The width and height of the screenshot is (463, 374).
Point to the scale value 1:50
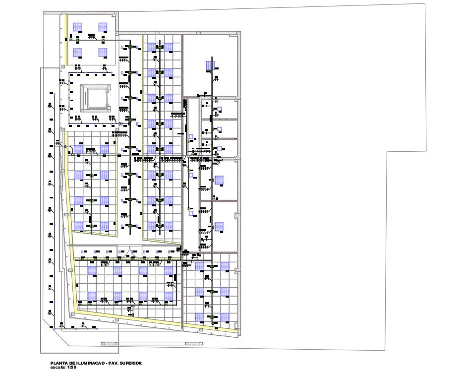point(72,368)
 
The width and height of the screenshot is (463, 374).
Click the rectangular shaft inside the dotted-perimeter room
point(95,97)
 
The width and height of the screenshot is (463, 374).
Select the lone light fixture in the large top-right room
point(210,65)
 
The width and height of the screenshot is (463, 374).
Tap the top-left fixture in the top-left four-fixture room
point(77,27)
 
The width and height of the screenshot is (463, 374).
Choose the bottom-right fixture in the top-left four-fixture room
point(103,53)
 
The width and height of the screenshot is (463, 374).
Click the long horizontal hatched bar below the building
point(151,343)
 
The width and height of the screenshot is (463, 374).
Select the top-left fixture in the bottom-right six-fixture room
point(199,267)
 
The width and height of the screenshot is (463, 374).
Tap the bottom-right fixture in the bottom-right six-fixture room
point(225,316)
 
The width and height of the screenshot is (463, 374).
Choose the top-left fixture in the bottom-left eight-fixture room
point(92,271)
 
